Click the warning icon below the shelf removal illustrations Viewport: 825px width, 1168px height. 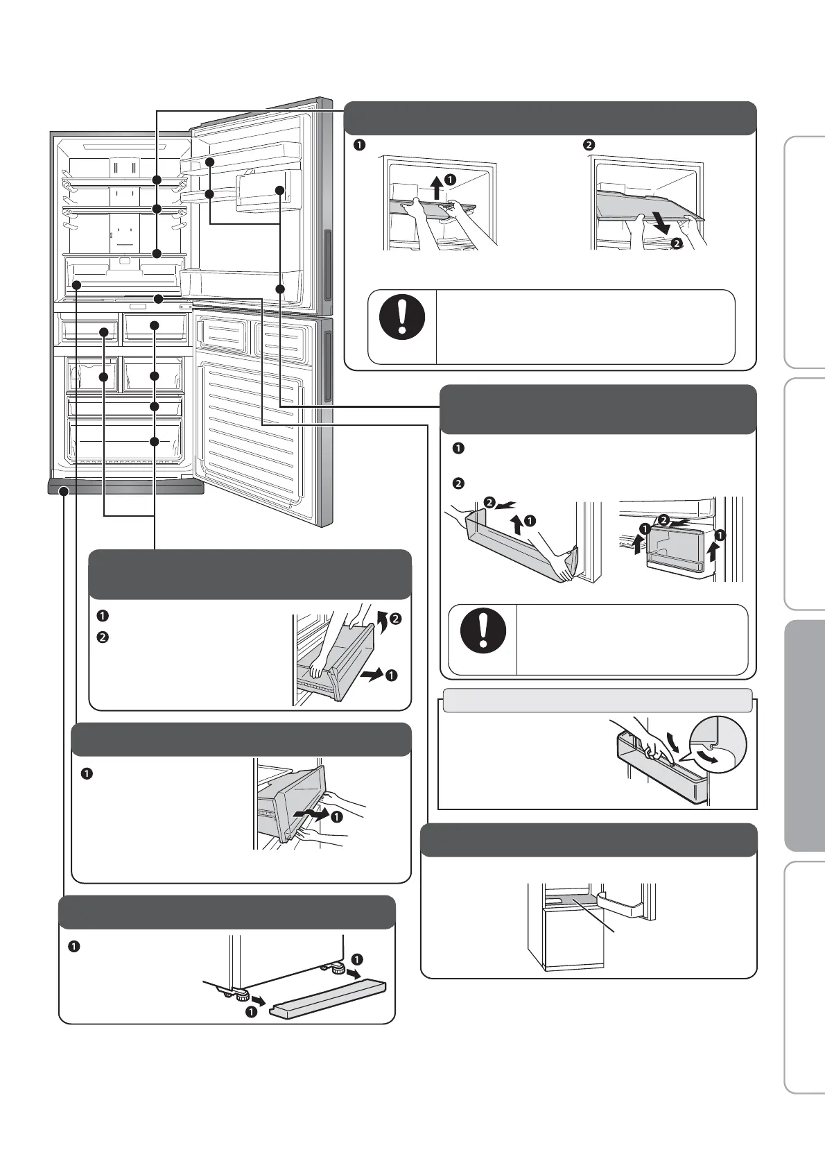pos(402,317)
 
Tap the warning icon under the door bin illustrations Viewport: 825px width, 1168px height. pos(483,630)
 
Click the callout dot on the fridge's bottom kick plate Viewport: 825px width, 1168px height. pos(64,491)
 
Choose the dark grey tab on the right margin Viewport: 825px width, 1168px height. pos(804,735)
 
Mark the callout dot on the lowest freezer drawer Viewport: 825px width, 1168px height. pos(155,441)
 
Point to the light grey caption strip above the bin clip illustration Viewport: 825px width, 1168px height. pos(597,701)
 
